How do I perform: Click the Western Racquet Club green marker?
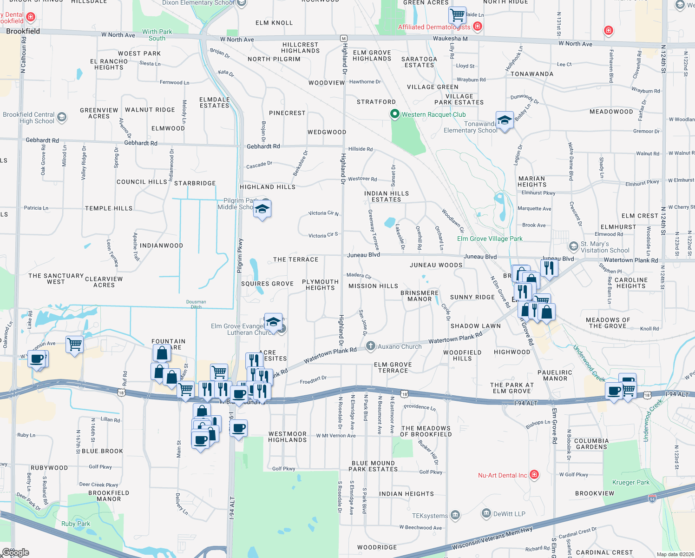coord(395,114)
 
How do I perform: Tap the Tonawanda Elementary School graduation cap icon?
coord(505,120)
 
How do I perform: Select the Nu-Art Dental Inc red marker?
coord(534,475)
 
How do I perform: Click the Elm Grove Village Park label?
coord(490,239)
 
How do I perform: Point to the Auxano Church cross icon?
coord(370,345)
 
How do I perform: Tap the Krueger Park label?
coord(630,482)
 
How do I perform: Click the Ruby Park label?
coord(76,524)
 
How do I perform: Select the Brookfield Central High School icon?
coord(62,117)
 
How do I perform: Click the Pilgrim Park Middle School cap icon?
coord(262,209)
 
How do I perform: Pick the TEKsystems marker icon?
coord(455,515)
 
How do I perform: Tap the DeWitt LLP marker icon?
coord(486,513)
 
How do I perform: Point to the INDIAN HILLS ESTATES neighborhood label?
coord(387,196)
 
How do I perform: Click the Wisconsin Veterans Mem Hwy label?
coord(492,538)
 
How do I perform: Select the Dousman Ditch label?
coord(196,304)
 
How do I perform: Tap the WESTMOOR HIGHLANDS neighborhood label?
coord(288,437)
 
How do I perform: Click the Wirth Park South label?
coord(157,35)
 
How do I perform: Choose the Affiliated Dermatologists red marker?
coord(477,27)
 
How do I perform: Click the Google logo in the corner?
coord(15,552)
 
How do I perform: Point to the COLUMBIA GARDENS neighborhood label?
coord(591,444)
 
